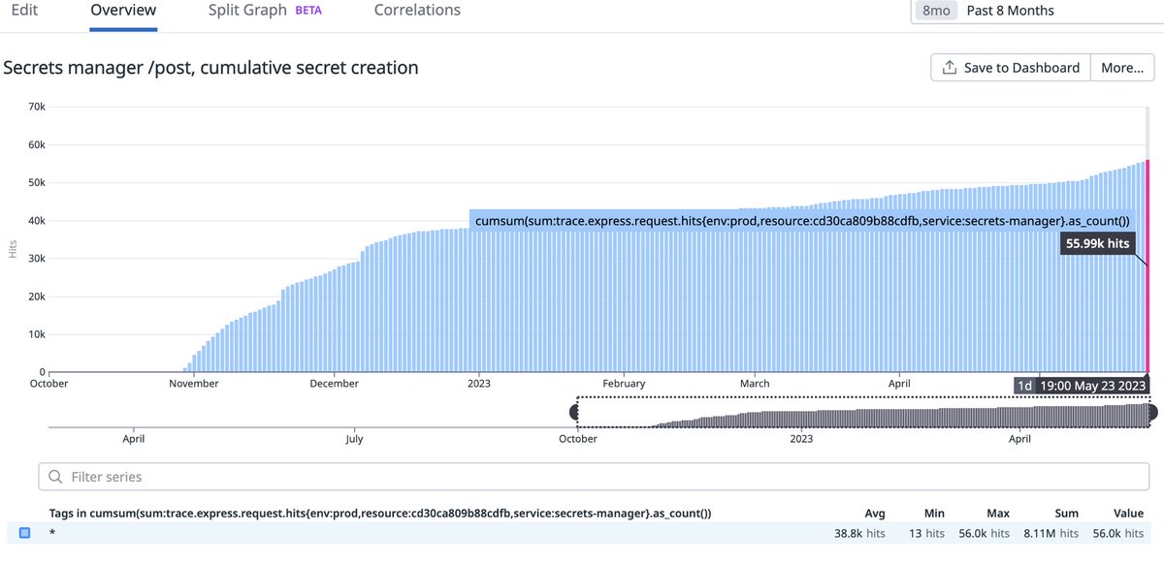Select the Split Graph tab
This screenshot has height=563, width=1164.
(247, 11)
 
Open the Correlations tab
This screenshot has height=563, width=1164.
(417, 11)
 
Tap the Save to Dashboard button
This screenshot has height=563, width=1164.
(1010, 68)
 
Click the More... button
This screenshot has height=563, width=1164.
(1122, 68)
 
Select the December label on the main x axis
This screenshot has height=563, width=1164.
(335, 384)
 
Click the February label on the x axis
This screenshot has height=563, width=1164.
(623, 384)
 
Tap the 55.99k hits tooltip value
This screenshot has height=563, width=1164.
(1097, 244)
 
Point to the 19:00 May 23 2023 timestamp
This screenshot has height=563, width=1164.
(1091, 386)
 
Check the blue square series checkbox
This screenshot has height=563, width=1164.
(25, 533)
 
